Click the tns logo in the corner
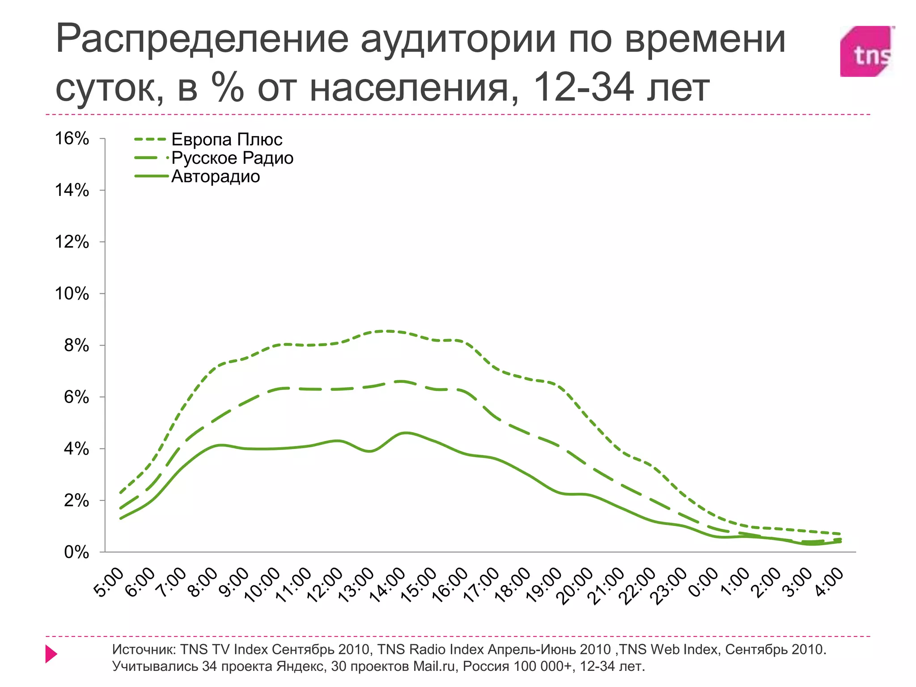pos(867,51)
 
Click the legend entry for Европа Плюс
pos(227,140)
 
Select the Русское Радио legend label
pos(232,158)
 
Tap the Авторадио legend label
pos(216,177)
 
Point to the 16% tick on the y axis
pos(72,139)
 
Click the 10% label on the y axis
pos(72,294)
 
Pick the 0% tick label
pos(76,552)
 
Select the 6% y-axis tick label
pos(76,397)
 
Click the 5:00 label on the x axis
pos(109,583)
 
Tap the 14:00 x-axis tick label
pos(387,585)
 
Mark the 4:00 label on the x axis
pos(828,582)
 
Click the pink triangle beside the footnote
pos(51,654)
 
